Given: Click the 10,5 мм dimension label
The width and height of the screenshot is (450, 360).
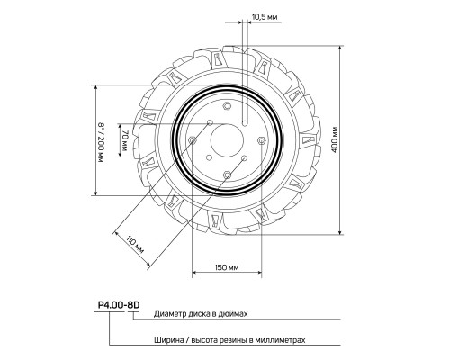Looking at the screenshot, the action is [265, 17].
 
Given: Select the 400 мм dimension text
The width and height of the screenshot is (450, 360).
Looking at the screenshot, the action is [335, 139].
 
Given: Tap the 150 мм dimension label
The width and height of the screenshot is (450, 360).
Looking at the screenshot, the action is [227, 267].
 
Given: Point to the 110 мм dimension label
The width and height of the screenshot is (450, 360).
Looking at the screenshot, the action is [135, 245].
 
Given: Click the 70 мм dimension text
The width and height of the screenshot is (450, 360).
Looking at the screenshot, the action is [125, 140].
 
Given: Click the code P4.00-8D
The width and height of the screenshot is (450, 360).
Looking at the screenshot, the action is [119, 305].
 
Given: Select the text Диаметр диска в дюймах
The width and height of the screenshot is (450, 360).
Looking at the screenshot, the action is [201, 314].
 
